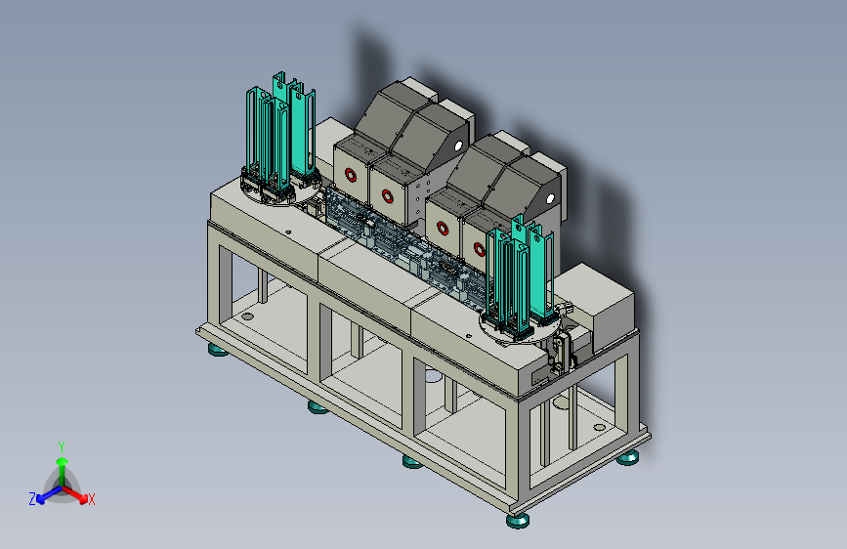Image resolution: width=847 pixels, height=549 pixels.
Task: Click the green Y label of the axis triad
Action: [x=62, y=447]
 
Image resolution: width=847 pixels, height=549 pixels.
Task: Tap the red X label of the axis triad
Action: [x=91, y=499]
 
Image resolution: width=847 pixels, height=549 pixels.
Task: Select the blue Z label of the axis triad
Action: [x=32, y=499]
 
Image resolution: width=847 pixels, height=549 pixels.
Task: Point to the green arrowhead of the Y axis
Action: [x=63, y=462]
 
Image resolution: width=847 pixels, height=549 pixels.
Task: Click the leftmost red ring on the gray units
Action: [x=351, y=175]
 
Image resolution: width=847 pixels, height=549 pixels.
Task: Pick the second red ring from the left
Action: [x=387, y=195]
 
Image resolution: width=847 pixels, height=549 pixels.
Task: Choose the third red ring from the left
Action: [x=443, y=228]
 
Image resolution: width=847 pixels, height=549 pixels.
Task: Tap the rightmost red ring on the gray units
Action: [x=479, y=249]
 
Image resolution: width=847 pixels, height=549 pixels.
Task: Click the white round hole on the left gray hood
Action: [x=458, y=146]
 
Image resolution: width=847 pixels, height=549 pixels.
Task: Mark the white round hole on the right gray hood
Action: [x=550, y=199]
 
